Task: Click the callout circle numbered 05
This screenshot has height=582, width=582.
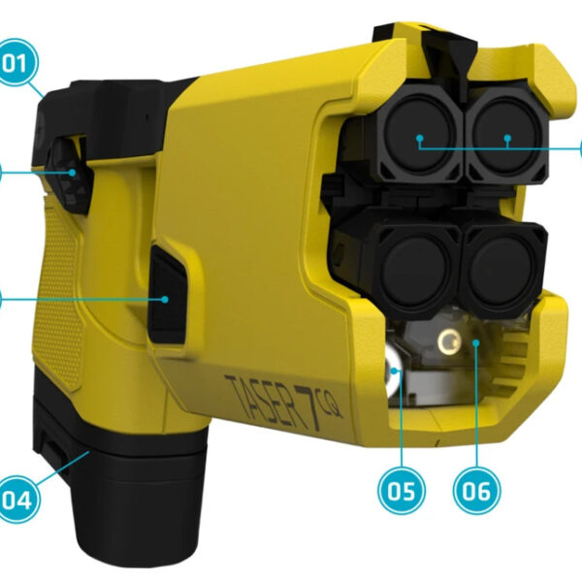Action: point(401,491)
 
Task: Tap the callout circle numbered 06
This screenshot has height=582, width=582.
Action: point(476,491)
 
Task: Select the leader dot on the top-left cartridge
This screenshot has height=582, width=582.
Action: point(419,141)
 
